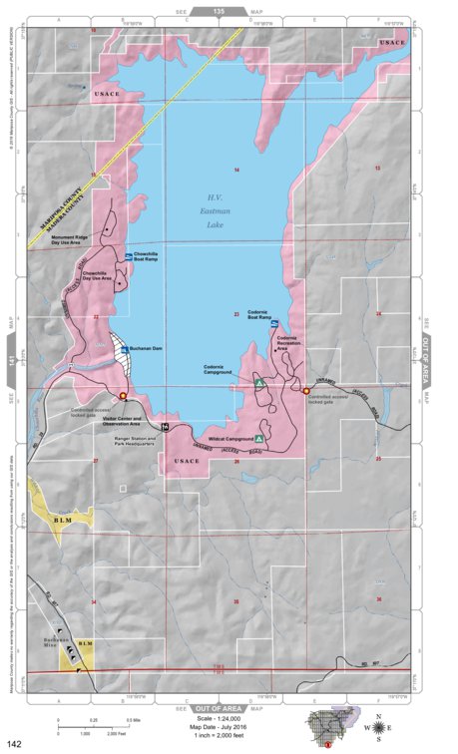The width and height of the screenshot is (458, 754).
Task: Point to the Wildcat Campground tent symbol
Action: coord(259,438)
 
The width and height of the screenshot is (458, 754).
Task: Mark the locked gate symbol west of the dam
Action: coord(123,396)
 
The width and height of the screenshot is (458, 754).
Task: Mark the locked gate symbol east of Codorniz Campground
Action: coord(305,391)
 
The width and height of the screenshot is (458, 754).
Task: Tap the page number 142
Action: coord(15,743)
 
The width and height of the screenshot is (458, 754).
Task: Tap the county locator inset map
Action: coord(330,726)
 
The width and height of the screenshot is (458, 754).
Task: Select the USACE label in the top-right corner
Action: coord(391,42)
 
